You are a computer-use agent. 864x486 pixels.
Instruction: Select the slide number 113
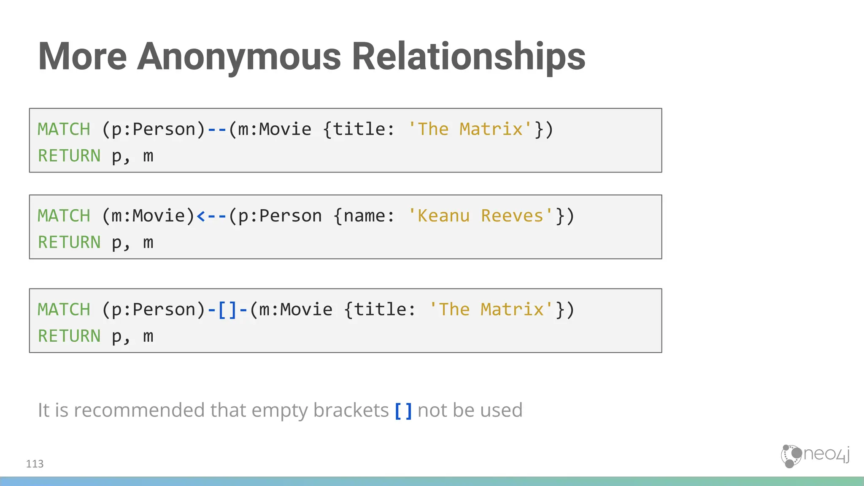pyautogui.click(x=35, y=464)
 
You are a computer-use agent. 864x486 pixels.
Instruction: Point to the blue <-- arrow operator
pyautogui.click(x=211, y=216)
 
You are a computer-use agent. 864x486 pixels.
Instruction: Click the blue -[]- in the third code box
pyautogui.click(x=227, y=310)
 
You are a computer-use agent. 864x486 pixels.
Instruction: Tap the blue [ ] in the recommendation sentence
pyautogui.click(x=403, y=410)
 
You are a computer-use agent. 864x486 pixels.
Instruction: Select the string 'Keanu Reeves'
pyautogui.click(x=481, y=216)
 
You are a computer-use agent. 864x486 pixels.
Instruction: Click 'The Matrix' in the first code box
pyautogui.click(x=470, y=129)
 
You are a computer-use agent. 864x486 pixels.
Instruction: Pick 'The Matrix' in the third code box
pyautogui.click(x=491, y=310)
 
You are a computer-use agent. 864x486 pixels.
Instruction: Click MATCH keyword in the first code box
pyautogui.click(x=64, y=129)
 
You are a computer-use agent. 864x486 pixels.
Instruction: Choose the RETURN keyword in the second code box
pyautogui.click(x=70, y=243)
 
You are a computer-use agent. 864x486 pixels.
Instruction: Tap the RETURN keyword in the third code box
pyautogui.click(x=70, y=336)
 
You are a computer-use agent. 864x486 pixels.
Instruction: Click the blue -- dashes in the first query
pyautogui.click(x=217, y=129)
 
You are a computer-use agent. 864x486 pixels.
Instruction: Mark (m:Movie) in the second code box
pyautogui.click(x=148, y=216)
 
